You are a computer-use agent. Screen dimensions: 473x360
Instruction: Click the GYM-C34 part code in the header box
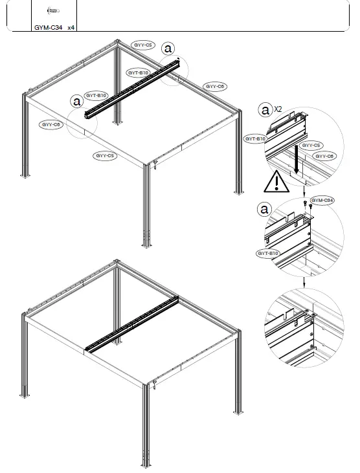point(48,28)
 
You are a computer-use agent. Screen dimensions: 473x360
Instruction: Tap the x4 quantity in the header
point(71,28)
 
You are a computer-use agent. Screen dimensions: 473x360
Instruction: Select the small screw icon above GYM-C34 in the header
point(54,11)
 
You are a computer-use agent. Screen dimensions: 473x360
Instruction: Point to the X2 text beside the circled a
point(278,109)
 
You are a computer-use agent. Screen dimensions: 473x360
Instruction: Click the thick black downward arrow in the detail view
point(296,160)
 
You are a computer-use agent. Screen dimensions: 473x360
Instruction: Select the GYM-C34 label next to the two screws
point(322,201)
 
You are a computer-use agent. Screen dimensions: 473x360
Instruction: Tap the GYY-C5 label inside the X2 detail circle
point(313,146)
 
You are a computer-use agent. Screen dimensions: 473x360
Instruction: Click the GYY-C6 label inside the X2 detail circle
point(324,156)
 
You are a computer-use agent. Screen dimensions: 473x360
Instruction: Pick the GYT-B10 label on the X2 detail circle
point(255,138)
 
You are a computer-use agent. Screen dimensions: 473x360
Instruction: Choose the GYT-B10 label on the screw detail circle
point(267,253)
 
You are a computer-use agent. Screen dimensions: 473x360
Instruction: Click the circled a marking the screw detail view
point(264,209)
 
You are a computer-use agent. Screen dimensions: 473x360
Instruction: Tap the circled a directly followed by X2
point(265,110)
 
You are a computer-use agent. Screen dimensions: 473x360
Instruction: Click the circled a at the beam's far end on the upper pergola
point(168,48)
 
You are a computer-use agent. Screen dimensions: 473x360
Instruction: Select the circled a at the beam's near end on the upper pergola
point(77,101)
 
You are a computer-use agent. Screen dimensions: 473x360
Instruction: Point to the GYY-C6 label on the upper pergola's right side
point(215,86)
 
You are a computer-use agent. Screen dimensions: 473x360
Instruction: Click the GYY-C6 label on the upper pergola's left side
point(51,124)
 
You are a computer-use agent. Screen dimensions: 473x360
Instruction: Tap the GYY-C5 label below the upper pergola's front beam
point(105,156)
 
